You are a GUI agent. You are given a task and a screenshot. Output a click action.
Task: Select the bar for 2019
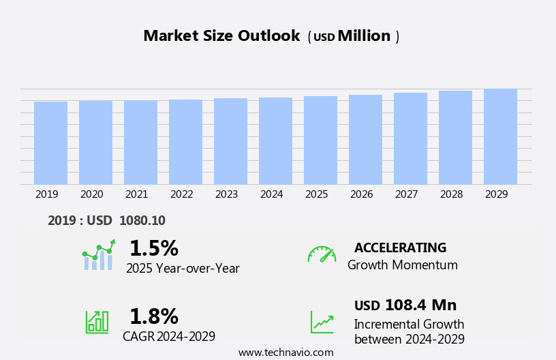(x=50, y=143)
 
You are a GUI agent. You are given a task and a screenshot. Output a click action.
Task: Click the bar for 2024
(x=275, y=141)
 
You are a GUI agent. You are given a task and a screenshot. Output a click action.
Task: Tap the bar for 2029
(x=500, y=136)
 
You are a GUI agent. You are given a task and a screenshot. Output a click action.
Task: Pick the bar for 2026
(x=365, y=140)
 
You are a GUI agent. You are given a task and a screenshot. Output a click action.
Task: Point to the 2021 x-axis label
(x=136, y=194)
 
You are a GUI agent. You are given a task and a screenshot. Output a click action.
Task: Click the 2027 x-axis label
(x=406, y=194)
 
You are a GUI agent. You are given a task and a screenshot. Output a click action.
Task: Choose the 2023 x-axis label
(x=226, y=194)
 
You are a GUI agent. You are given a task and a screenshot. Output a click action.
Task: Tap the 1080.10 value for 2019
(x=142, y=220)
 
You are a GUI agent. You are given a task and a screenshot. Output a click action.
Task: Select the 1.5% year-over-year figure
(x=153, y=248)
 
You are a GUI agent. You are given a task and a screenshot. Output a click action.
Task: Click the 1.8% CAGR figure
(x=153, y=316)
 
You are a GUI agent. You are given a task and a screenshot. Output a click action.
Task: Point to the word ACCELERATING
(x=400, y=248)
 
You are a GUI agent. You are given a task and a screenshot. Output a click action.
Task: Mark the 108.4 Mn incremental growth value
(x=420, y=305)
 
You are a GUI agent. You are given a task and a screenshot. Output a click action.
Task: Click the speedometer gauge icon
(x=322, y=254)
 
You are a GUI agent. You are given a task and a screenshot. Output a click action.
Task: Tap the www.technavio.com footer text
(x=285, y=352)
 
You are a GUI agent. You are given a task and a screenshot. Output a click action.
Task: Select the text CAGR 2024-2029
(x=169, y=336)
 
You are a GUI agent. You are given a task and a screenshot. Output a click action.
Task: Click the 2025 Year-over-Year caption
(x=183, y=269)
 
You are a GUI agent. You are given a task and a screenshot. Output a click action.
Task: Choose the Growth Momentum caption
(x=402, y=265)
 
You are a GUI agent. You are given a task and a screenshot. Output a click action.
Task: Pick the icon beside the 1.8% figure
(x=97, y=321)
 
